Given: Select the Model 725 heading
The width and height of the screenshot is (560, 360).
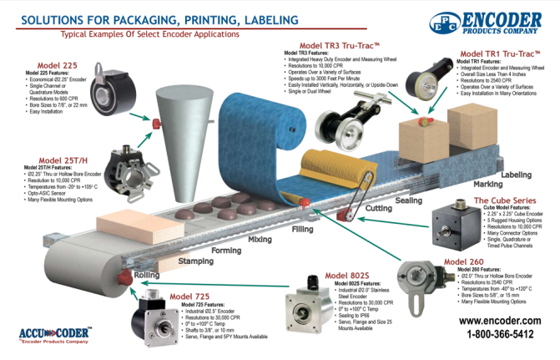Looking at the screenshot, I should pyautogui.click(x=191, y=296).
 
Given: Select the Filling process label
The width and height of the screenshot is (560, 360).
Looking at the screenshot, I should pyautogui.click(x=302, y=227).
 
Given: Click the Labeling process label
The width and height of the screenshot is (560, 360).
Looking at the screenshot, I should pyautogui.click(x=515, y=175).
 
